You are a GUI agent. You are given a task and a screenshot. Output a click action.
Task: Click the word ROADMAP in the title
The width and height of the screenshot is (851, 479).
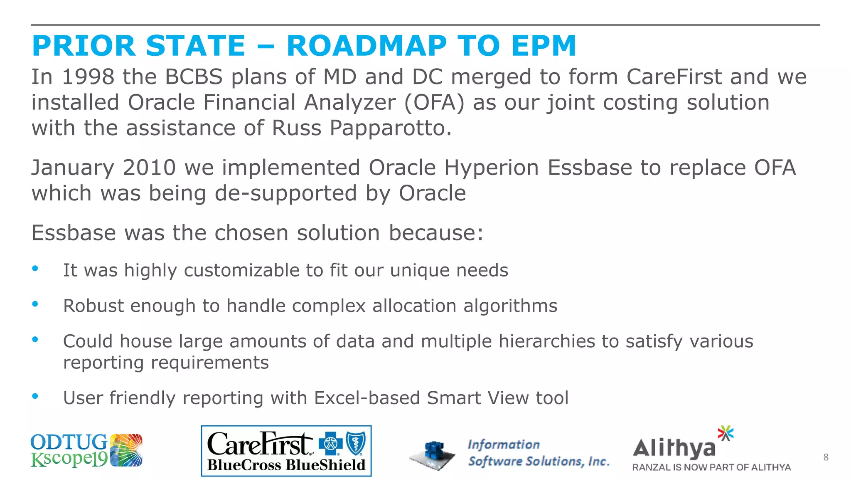click(366, 46)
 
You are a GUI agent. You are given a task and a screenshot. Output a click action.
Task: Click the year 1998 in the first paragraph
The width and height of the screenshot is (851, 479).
click(88, 77)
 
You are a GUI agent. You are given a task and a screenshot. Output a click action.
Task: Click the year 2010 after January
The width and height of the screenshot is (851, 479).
click(149, 168)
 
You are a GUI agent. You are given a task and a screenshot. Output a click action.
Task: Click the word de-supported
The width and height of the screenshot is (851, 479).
click(285, 194)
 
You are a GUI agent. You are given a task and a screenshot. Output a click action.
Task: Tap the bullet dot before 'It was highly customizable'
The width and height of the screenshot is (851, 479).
click(35, 269)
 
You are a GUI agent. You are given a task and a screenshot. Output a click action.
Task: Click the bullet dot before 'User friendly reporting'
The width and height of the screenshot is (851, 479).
click(35, 396)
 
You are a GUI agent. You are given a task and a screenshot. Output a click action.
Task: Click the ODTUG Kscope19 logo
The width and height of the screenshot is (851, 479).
click(86, 451)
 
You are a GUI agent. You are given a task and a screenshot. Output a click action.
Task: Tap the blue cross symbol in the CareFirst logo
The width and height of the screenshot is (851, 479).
click(330, 444)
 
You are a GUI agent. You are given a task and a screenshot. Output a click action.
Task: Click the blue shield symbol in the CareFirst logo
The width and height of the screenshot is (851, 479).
click(356, 444)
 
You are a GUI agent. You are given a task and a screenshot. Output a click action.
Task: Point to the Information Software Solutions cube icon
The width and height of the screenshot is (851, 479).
click(433, 455)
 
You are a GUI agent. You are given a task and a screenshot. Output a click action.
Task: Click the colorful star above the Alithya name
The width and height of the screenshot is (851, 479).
click(726, 433)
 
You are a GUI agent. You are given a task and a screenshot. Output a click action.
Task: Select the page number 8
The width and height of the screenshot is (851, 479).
click(826, 457)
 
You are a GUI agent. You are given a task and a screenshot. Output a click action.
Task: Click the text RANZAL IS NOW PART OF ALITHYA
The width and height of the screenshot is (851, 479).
click(711, 467)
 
